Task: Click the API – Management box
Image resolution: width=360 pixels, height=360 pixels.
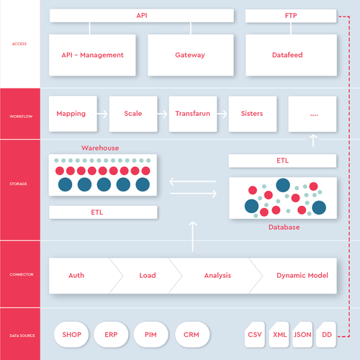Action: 92,55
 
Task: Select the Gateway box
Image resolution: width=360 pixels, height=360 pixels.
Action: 191,55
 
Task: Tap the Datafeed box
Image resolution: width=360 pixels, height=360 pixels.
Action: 291,55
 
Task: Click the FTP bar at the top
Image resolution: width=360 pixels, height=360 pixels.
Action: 291,16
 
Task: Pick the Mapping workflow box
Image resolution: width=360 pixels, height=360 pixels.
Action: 73,114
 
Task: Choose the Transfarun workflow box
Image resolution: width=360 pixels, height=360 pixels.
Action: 193,114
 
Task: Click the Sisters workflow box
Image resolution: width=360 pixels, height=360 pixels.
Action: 253,114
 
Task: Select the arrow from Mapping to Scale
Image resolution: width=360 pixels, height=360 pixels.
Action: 102,114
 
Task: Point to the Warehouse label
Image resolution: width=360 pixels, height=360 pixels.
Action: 100,148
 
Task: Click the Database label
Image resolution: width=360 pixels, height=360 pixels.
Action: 284,227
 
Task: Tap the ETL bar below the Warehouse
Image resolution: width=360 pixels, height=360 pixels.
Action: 103,212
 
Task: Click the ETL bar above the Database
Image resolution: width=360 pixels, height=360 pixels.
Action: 282,161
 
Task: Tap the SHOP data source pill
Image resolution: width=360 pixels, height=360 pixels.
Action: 71,335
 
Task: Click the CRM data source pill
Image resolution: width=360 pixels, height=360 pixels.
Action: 192,335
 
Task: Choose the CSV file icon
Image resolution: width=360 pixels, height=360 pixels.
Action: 255,335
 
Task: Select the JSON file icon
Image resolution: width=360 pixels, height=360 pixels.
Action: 302,335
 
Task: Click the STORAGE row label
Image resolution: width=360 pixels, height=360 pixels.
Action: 19,184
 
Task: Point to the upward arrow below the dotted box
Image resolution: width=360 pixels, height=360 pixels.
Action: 313,140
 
